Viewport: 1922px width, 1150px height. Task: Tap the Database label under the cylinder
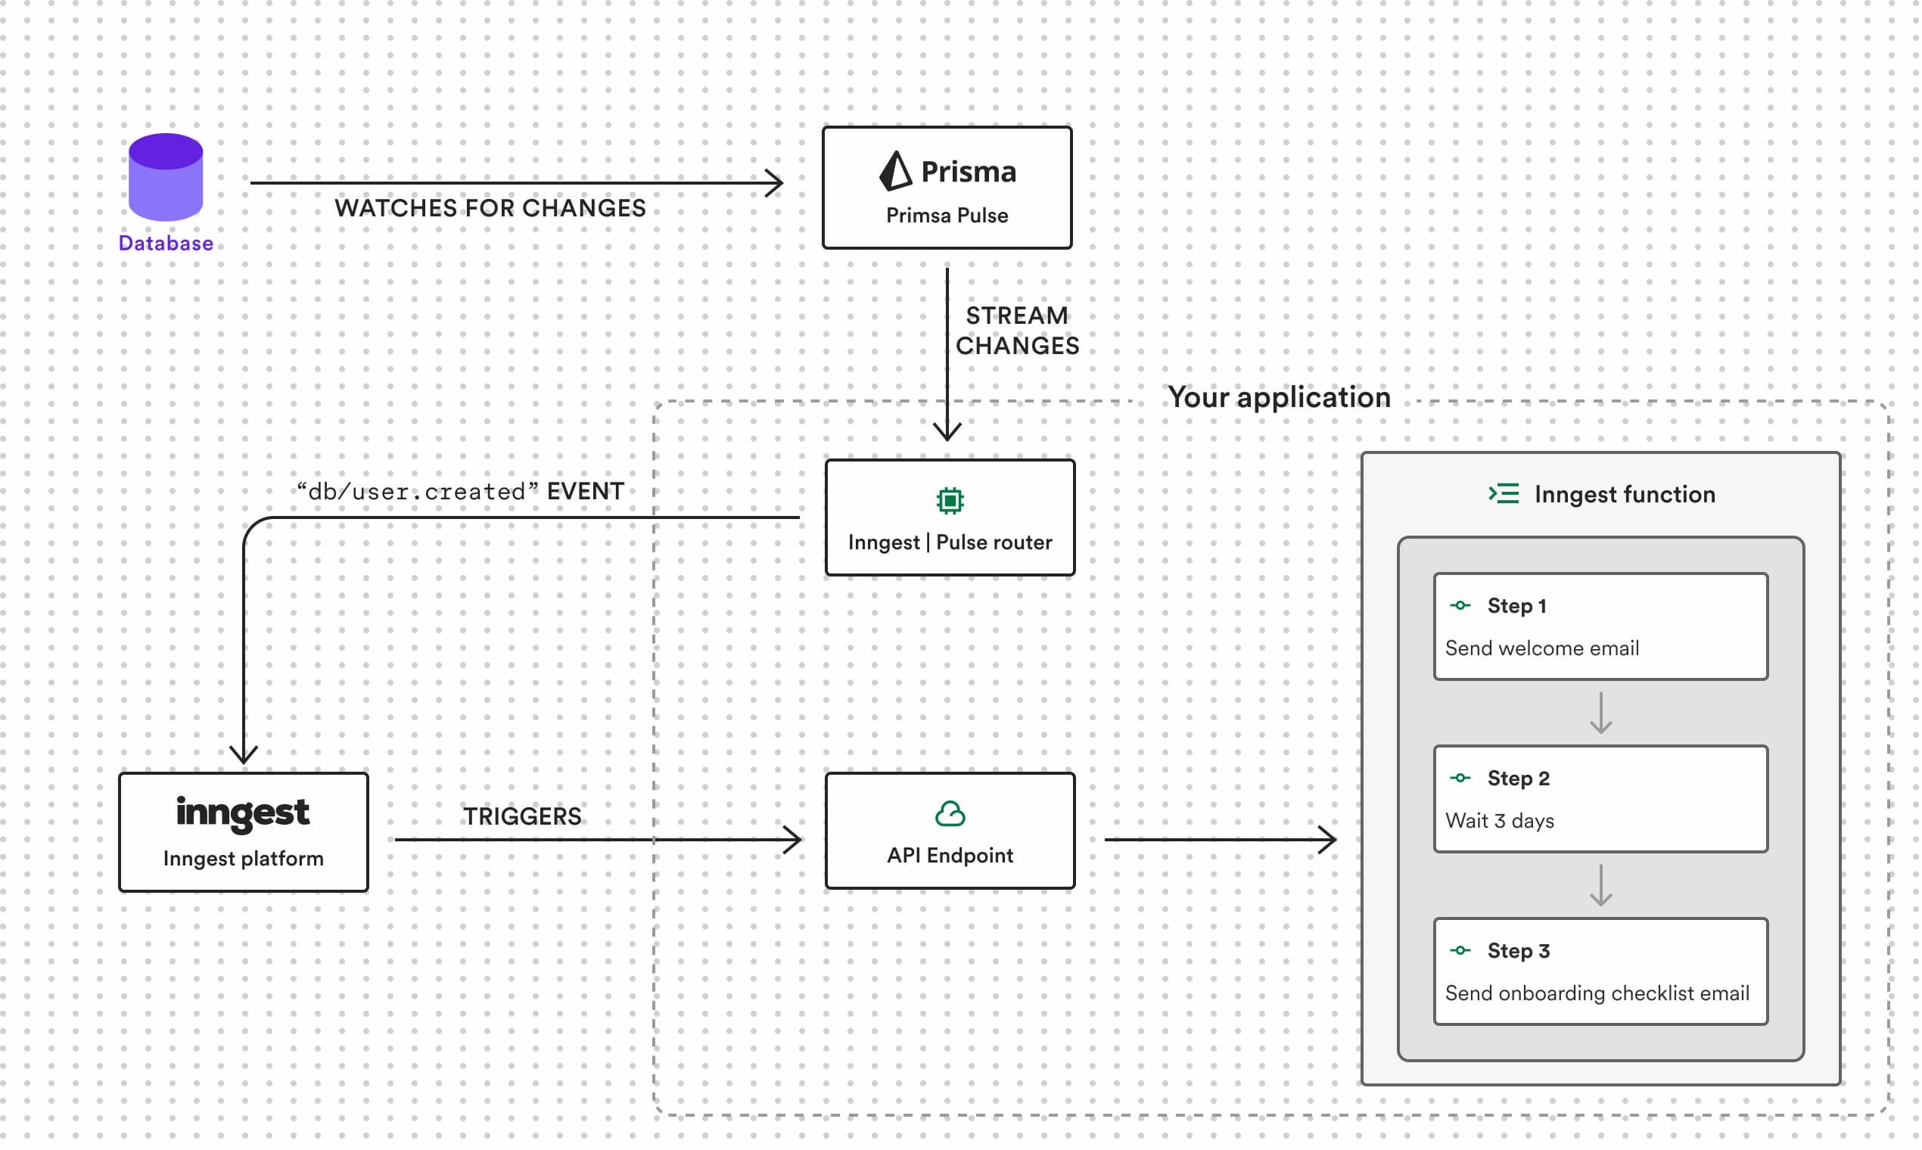pos(165,244)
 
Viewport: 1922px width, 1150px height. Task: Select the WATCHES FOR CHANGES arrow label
pos(490,209)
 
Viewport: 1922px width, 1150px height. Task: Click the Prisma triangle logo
pos(895,170)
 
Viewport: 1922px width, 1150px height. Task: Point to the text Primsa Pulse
pos(947,216)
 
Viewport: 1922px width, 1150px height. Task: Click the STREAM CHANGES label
pos(1016,331)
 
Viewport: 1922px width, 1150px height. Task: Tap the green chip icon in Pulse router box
pos(950,501)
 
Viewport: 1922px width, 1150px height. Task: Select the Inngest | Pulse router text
pos(950,542)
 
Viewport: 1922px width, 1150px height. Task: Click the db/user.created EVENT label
pos(460,491)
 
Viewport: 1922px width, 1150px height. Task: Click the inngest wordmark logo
pos(243,813)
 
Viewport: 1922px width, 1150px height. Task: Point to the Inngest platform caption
pos(243,859)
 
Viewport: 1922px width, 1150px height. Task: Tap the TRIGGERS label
pos(521,816)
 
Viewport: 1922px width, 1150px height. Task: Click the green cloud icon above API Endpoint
pos(950,813)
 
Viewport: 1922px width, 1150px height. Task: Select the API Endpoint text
pos(950,856)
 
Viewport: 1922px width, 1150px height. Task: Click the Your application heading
pos(1279,397)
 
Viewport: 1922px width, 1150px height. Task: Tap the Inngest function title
pos(1624,494)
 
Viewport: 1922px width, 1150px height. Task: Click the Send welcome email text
pos(1541,648)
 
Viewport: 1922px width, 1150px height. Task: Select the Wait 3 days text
pos(1499,821)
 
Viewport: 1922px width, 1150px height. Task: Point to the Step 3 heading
pos(1517,951)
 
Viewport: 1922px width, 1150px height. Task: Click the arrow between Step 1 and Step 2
pos(1600,713)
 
